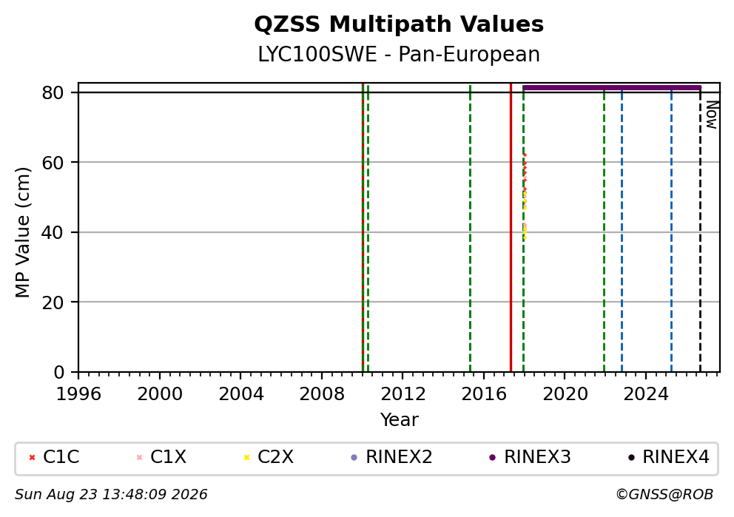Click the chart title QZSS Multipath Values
pyautogui.click(x=399, y=24)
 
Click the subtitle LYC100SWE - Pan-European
pyautogui.click(x=399, y=54)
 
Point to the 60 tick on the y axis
pyautogui.click(x=53, y=163)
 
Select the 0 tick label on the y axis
pyautogui.click(x=59, y=373)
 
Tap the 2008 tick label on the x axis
pyautogui.click(x=322, y=394)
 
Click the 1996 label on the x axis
pyautogui.click(x=78, y=394)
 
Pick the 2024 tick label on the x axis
pyautogui.click(x=645, y=394)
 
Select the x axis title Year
pyautogui.click(x=399, y=419)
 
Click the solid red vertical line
pyautogui.click(x=511, y=227)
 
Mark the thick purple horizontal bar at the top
pyautogui.click(x=612, y=87)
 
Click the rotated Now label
pyautogui.click(x=712, y=115)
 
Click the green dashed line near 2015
pyautogui.click(x=470, y=227)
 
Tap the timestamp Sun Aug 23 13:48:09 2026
pyautogui.click(x=111, y=495)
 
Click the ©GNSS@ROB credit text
pyautogui.click(x=664, y=495)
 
